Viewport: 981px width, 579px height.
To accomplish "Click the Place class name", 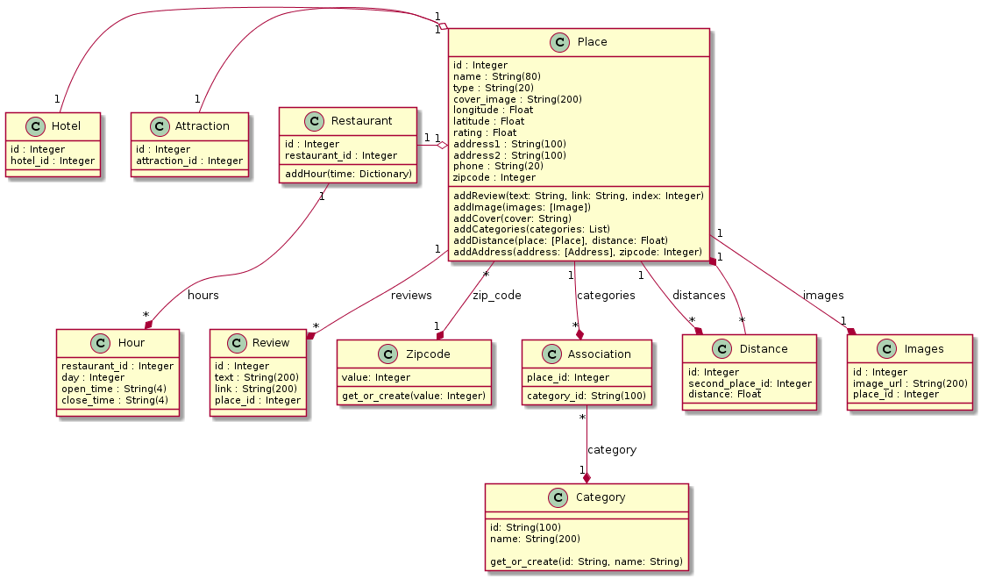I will [x=593, y=42].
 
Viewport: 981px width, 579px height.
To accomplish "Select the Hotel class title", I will [x=66, y=125].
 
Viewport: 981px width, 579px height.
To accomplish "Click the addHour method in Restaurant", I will [x=348, y=174].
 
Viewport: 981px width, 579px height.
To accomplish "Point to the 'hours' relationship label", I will [x=203, y=295].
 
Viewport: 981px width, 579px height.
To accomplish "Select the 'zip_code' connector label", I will [x=496, y=295].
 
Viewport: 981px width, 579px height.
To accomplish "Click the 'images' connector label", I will [x=823, y=295].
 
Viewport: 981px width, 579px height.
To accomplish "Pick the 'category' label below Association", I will [x=611, y=449].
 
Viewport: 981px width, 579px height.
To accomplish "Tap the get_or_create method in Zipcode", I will [x=414, y=396].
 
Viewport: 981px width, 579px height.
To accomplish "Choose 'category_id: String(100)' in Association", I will [x=586, y=396].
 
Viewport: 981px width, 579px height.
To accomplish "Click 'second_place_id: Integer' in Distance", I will [x=750, y=383].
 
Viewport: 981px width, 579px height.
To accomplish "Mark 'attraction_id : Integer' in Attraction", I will [x=189, y=161].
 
